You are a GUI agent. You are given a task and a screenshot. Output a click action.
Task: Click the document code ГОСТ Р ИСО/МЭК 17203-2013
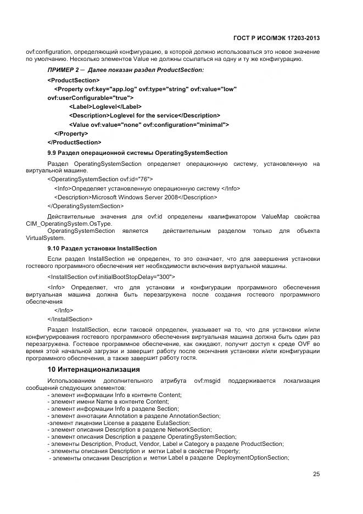tap(278, 38)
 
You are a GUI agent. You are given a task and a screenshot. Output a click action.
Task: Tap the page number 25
tap(316, 474)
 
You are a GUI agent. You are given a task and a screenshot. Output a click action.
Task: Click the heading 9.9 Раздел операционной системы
tap(137, 152)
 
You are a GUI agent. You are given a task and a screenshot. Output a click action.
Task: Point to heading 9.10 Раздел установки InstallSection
tap(102, 248)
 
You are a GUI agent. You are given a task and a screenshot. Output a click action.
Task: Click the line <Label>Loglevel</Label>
tap(105, 107)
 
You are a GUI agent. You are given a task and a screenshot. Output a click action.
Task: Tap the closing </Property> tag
tap(71, 133)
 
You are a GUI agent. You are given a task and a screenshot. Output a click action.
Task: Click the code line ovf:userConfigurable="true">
tap(91, 98)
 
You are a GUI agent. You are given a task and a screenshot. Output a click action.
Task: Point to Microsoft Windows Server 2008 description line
tap(135, 197)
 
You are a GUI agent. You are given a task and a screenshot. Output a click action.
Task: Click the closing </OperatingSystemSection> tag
tap(86, 206)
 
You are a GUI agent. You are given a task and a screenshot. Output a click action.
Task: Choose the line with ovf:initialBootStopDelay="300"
tap(111, 277)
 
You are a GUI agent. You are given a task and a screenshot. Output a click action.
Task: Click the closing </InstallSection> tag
tap(70, 319)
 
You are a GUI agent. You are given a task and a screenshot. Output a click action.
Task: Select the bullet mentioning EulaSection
tap(119, 423)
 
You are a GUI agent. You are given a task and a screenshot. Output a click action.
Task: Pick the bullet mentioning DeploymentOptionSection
tap(169, 457)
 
